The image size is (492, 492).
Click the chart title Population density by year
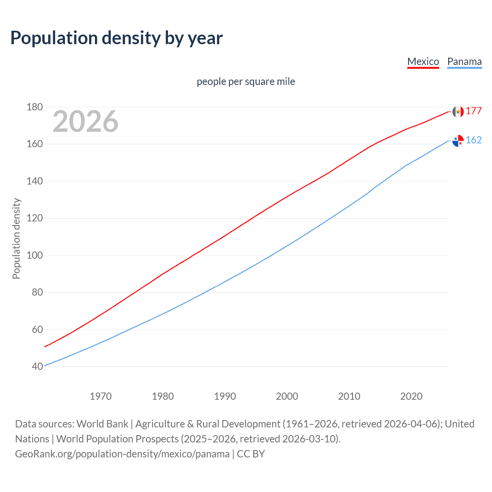[116, 38]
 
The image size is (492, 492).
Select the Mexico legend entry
[423, 61]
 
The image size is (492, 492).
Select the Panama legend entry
[464, 61]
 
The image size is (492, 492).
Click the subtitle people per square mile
[246, 81]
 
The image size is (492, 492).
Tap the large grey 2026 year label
[85, 121]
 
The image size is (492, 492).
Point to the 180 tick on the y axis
[35, 107]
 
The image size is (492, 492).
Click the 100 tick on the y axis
[35, 255]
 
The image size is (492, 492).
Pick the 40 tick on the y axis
[37, 366]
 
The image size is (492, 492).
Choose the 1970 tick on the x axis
[101, 396]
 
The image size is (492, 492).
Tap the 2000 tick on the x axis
[287, 396]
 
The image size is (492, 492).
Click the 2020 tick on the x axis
[411, 396]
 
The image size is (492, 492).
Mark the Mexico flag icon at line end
[458, 111]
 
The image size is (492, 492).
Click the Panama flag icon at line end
[458, 141]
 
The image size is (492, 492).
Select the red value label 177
[474, 111]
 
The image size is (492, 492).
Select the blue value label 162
[474, 140]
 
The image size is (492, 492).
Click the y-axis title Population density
[16, 238]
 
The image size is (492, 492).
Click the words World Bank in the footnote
[102, 424]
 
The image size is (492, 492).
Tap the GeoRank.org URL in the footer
[122, 454]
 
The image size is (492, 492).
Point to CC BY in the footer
[251, 454]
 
